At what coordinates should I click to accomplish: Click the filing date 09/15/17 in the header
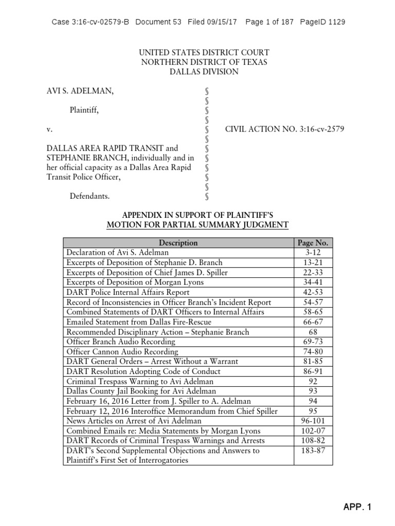coord(223,22)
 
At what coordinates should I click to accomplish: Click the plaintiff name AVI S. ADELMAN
coord(80,91)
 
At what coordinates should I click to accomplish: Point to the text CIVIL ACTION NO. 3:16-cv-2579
coord(285,129)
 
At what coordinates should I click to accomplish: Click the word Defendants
coord(89,196)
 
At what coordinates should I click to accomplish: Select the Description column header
coord(178,243)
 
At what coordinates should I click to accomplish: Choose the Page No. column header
coord(313,243)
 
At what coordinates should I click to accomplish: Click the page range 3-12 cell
coord(313,253)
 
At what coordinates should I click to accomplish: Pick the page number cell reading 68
coord(313,332)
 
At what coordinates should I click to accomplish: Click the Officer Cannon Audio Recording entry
coord(122,352)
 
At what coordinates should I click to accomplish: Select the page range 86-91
coord(313,371)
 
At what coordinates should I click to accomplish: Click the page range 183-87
coord(313,450)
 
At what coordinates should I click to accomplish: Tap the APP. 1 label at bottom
coord(357,508)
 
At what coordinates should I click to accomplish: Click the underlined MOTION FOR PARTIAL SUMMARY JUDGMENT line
coord(197,224)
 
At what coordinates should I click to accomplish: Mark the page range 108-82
coord(313,441)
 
